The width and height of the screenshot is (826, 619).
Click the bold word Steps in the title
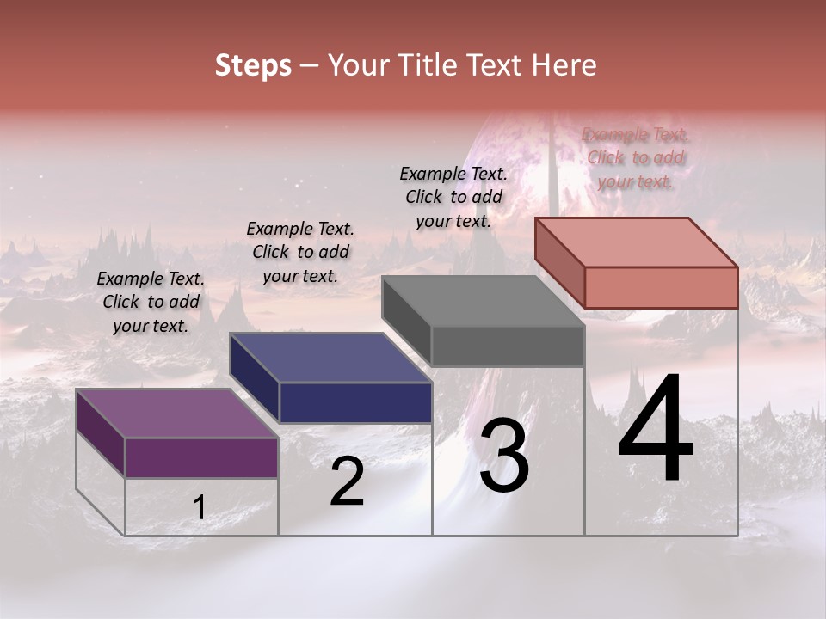coord(253,65)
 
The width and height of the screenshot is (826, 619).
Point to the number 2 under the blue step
coord(347,481)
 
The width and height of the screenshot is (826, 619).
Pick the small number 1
coord(199,508)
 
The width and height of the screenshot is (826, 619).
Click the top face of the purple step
coord(177,414)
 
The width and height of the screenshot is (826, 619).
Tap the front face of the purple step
coord(201,457)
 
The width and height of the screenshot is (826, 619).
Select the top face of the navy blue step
coord(330,358)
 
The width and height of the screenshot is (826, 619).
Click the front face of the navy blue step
coord(355,402)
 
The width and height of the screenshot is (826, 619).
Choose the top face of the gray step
coord(483,301)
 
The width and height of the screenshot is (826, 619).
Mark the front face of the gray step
coord(508,346)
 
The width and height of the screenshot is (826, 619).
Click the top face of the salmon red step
coord(636,242)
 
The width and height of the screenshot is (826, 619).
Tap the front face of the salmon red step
coord(661,287)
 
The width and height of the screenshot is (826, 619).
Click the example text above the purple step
coord(151,302)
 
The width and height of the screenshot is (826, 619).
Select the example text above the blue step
coord(300,252)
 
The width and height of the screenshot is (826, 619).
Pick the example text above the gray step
coord(453,197)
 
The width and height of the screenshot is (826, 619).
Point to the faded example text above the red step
coord(636,157)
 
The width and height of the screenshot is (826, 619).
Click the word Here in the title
coord(564,65)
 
